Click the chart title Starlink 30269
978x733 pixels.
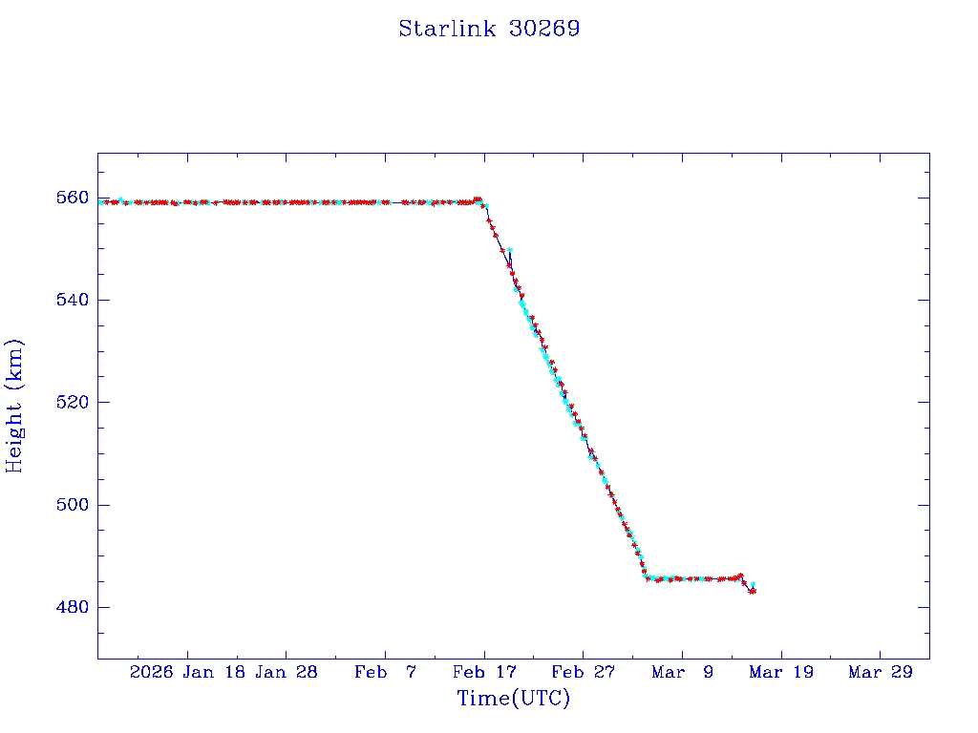[489, 29]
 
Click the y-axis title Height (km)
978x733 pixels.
[14, 406]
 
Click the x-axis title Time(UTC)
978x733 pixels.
[514, 699]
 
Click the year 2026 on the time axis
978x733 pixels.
[152, 672]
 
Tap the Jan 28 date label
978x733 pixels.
[286, 672]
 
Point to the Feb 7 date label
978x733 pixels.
[385, 672]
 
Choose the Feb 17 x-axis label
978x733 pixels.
[484, 672]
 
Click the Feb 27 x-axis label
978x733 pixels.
[583, 672]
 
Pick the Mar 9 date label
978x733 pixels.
[682, 672]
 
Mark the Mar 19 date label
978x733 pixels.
[781, 672]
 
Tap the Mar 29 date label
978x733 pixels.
[880, 672]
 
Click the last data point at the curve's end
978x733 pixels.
[754, 592]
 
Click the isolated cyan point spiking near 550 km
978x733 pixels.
[510, 250]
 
